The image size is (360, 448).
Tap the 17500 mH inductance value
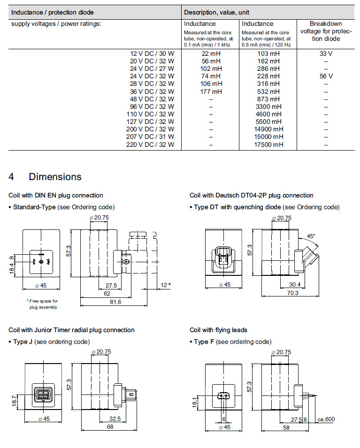click(x=269, y=144)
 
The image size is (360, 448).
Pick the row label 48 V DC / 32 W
click(x=152, y=99)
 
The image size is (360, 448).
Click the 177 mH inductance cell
click(x=211, y=91)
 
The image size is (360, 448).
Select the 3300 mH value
click(x=269, y=106)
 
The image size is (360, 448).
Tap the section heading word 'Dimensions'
click(x=55, y=177)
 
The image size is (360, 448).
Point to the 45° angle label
click(x=311, y=236)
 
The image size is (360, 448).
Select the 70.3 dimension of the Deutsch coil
click(x=292, y=292)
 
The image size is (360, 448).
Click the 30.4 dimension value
click(x=295, y=284)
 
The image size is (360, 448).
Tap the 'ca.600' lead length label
click(x=326, y=419)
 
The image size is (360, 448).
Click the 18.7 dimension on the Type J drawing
click(x=15, y=400)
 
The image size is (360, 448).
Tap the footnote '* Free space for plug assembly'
click(x=42, y=304)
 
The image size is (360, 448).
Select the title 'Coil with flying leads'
click(x=218, y=330)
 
